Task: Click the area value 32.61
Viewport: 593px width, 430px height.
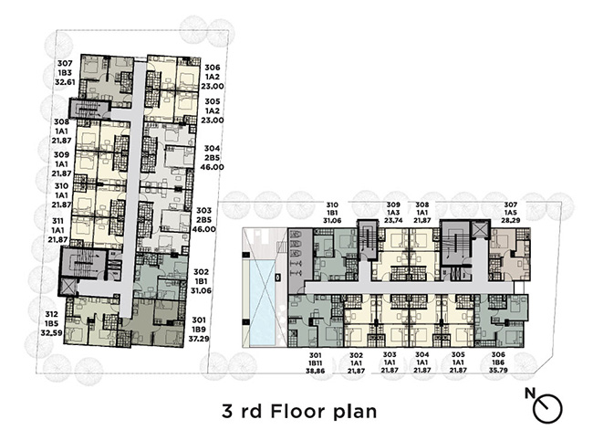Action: pyautogui.click(x=65, y=82)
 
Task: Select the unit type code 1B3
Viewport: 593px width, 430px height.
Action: pyautogui.click(x=65, y=73)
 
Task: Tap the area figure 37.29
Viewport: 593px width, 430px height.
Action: pyautogui.click(x=199, y=339)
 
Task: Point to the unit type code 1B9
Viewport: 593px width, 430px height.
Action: pyautogui.click(x=199, y=330)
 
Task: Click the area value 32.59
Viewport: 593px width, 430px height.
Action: pyautogui.click(x=51, y=333)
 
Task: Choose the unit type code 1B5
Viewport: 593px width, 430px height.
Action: pyautogui.click(x=51, y=323)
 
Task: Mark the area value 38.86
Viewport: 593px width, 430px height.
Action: pyautogui.click(x=316, y=372)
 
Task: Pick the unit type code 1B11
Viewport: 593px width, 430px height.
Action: pyautogui.click(x=316, y=363)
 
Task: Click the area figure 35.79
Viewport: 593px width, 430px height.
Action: pyautogui.click(x=498, y=371)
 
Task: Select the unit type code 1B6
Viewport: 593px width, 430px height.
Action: pyautogui.click(x=498, y=362)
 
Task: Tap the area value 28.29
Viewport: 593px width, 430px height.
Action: pyautogui.click(x=512, y=220)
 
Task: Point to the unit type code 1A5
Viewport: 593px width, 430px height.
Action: pyautogui.click(x=512, y=213)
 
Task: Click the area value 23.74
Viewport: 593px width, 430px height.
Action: pyautogui.click(x=393, y=220)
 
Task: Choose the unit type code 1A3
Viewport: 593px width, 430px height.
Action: pyautogui.click(x=393, y=213)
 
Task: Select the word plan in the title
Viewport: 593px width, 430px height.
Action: pyautogui.click(x=355, y=413)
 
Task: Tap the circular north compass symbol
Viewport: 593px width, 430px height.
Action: pyautogui.click(x=548, y=409)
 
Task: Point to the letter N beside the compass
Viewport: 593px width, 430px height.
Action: pyautogui.click(x=530, y=393)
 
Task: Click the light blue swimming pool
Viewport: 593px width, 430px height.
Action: pyautogui.click(x=263, y=303)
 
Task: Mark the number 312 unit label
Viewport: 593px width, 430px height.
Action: pyautogui.click(x=51, y=314)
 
